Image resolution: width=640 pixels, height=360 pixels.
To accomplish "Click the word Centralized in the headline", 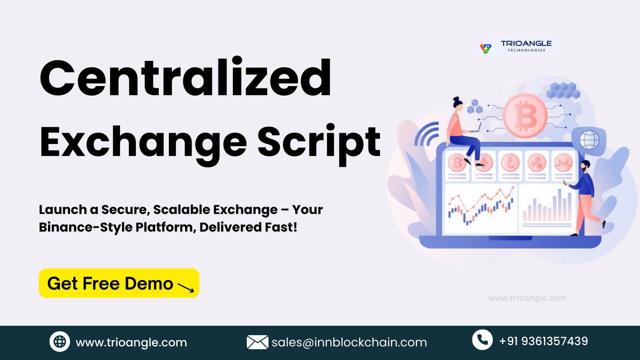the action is [x=185, y=76].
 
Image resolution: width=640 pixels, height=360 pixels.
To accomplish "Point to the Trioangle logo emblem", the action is [x=486, y=48].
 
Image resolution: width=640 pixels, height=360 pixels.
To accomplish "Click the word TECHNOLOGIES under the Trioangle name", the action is [x=526, y=50].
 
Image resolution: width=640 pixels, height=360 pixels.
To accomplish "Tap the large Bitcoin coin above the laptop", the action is [x=525, y=116].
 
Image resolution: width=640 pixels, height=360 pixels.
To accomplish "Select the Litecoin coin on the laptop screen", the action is [x=510, y=163].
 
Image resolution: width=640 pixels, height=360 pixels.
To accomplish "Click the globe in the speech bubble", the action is [x=590, y=140].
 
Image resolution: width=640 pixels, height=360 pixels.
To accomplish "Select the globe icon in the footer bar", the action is [x=60, y=342].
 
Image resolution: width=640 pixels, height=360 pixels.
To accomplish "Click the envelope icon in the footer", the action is [x=258, y=342].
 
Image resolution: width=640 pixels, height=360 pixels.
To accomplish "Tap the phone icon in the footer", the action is [x=482, y=340].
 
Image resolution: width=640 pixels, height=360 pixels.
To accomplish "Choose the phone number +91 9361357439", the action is [x=544, y=341].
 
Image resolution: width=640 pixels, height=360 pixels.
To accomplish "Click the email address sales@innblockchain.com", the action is [x=349, y=342].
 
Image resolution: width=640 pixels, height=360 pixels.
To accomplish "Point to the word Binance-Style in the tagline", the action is [x=86, y=228].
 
